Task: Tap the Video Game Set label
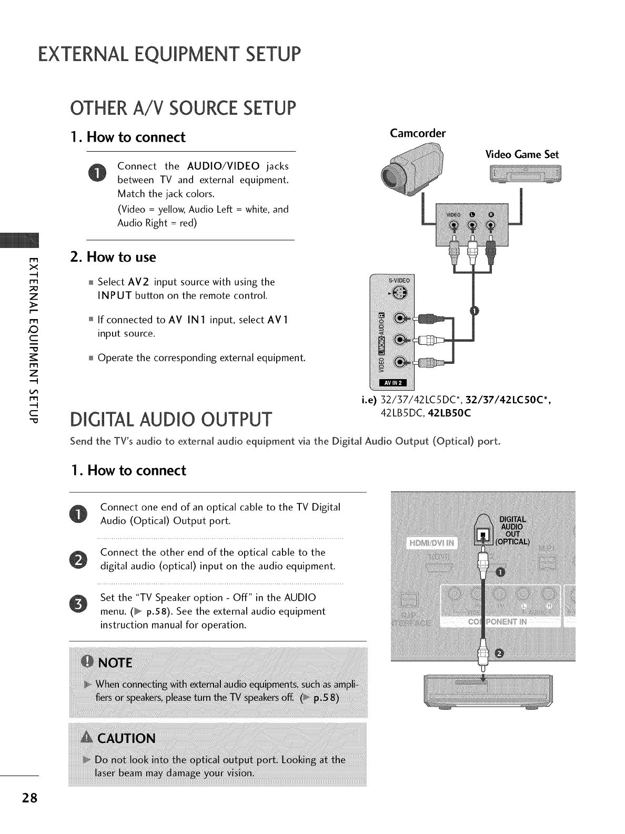coord(521,154)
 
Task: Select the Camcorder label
coord(418,133)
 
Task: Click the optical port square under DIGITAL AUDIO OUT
coord(482,538)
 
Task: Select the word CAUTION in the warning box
coord(126,738)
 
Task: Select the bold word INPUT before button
coord(114,295)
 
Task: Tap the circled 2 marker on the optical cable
coord(499,654)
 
